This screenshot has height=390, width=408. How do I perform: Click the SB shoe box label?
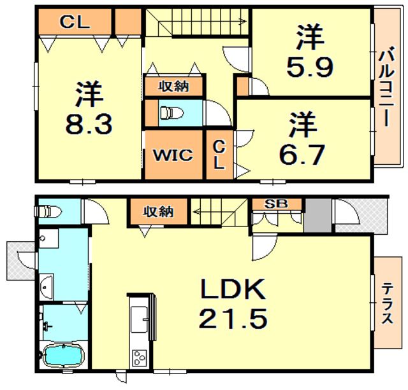[x=276, y=204]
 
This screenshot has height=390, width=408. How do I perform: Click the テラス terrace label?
[x=386, y=311]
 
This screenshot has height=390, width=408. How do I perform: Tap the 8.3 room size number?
[x=89, y=123]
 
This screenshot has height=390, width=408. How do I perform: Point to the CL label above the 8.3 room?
[x=75, y=22]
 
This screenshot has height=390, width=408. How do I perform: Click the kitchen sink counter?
[x=139, y=322]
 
